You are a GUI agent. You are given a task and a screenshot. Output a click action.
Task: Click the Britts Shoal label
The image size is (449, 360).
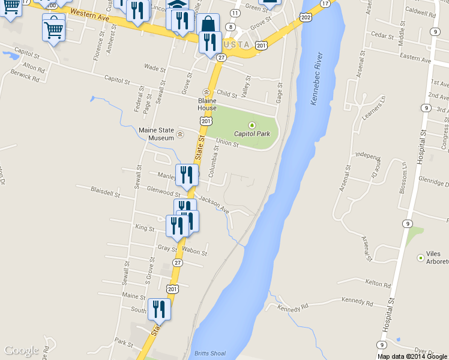click(x=210, y=353)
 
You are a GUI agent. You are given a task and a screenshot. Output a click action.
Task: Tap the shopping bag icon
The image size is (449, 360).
click(x=208, y=25)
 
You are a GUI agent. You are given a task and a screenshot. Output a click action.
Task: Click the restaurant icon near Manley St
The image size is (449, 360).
click(x=187, y=175)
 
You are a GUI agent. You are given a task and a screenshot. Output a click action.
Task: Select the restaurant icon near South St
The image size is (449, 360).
click(x=159, y=310)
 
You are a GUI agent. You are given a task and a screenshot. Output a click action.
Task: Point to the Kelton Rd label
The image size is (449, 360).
click(x=378, y=283)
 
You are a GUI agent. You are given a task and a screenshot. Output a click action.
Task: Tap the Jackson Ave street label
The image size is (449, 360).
click(x=214, y=205)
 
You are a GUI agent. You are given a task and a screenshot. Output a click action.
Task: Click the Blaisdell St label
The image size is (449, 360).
click(x=104, y=191)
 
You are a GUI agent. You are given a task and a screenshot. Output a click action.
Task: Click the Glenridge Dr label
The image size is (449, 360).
click(x=432, y=183)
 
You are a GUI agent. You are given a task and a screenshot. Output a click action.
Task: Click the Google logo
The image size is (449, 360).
click(x=21, y=350)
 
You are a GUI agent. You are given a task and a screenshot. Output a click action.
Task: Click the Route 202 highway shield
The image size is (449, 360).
click(x=306, y=17)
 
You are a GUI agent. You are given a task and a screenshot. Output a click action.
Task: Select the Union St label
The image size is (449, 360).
click(x=228, y=142)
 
